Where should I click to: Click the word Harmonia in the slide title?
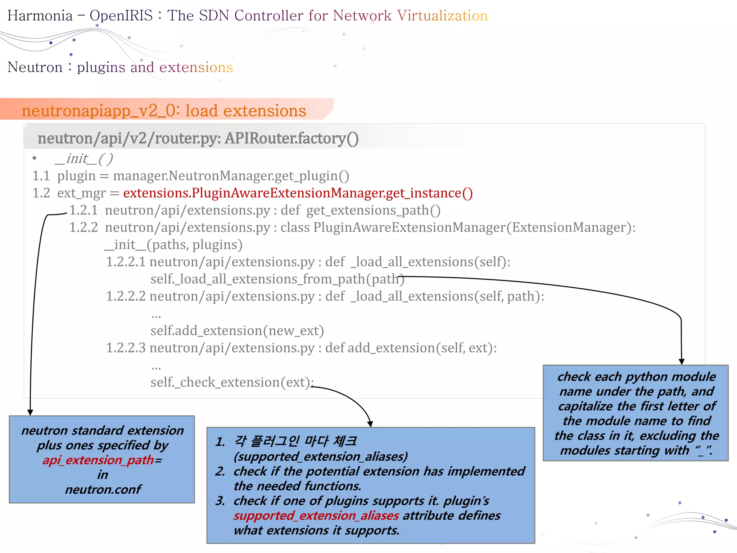point(40,16)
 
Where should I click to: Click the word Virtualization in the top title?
point(442,16)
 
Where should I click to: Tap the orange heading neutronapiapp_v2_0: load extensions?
point(164,111)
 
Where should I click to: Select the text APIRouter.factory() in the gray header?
point(291,139)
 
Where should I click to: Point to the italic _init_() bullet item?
point(84,159)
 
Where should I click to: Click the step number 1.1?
point(41,176)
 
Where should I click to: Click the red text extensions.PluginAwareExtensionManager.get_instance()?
point(298,193)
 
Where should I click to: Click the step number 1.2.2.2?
point(126,296)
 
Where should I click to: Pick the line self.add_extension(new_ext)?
point(237,331)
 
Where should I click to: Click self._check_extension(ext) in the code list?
point(232,382)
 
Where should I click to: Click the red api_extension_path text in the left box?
point(98,460)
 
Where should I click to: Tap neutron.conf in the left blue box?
point(103,490)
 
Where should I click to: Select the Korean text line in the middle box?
point(295,441)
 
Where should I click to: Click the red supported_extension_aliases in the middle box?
point(316,516)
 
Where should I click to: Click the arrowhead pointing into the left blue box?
point(30,413)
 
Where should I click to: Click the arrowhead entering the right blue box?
point(682,361)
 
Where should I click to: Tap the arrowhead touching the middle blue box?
point(370,424)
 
